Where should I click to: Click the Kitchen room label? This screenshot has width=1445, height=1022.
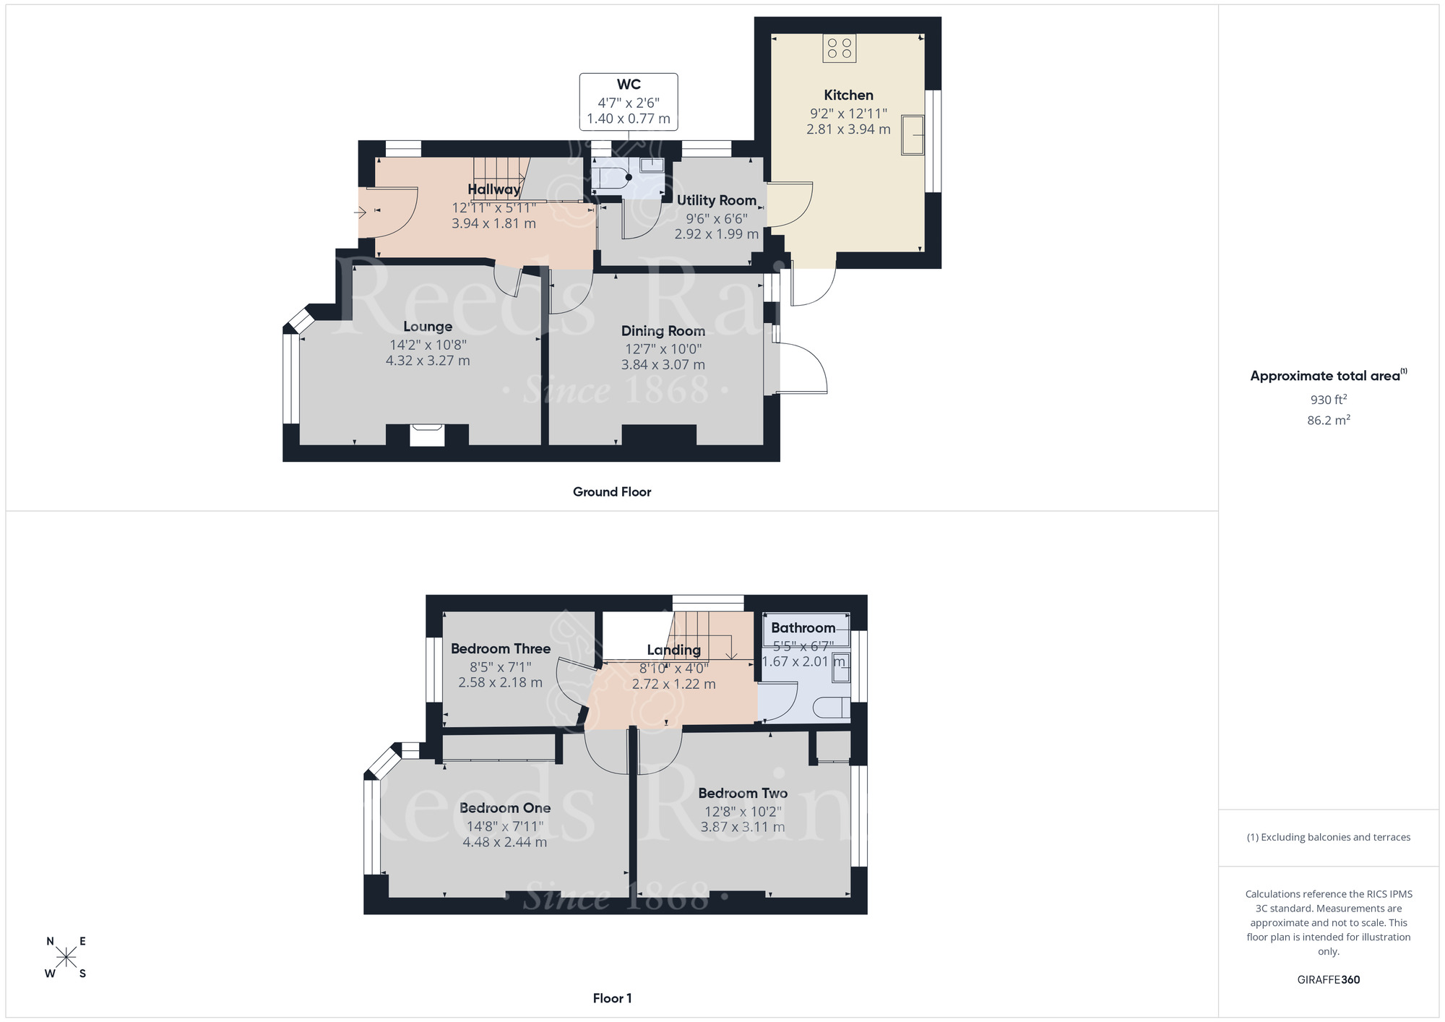point(848,95)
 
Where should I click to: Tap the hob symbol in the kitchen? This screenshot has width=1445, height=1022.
point(839,48)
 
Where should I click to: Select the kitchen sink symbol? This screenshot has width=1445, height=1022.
point(913,135)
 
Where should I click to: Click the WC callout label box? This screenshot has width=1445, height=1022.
point(629,102)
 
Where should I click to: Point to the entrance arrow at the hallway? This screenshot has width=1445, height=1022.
point(361,212)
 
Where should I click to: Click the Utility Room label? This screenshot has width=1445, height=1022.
point(716,200)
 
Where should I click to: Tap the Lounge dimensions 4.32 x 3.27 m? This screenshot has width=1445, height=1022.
point(428,361)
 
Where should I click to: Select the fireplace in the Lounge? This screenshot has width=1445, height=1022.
point(427,435)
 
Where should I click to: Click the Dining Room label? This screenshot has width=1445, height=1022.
point(663,331)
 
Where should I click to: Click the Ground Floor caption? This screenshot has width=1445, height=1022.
point(612,492)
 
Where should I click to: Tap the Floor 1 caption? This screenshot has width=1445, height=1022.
point(612,999)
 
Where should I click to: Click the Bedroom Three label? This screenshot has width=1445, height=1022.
point(500,649)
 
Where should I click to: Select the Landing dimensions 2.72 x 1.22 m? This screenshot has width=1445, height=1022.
point(673,684)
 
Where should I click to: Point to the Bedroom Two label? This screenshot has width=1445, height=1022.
point(743,794)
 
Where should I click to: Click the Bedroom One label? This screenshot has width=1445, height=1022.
point(505,808)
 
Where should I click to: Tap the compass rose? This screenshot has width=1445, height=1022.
point(66,958)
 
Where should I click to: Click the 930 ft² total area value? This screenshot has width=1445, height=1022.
point(1328,400)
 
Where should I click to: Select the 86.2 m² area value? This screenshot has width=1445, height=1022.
point(1328,421)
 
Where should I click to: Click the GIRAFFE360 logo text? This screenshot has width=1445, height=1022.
point(1328,980)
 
